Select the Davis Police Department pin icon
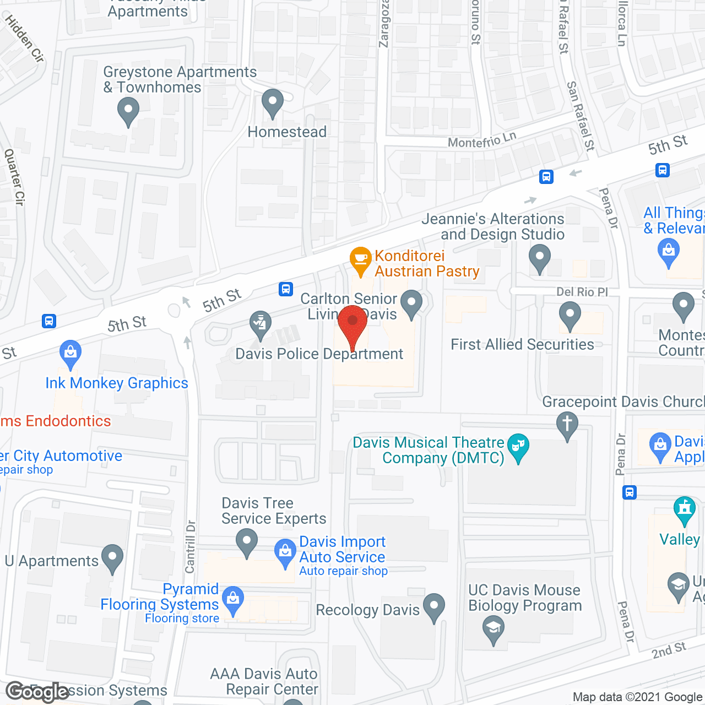(261, 324)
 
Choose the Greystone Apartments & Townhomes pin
(128, 110)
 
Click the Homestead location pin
(272, 102)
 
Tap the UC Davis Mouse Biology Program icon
(493, 629)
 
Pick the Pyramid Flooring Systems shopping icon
(233, 600)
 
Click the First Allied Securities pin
(570, 317)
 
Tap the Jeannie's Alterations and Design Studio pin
(540, 258)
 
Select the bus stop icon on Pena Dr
(630, 492)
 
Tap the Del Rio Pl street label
(582, 292)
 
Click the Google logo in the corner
(37, 692)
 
